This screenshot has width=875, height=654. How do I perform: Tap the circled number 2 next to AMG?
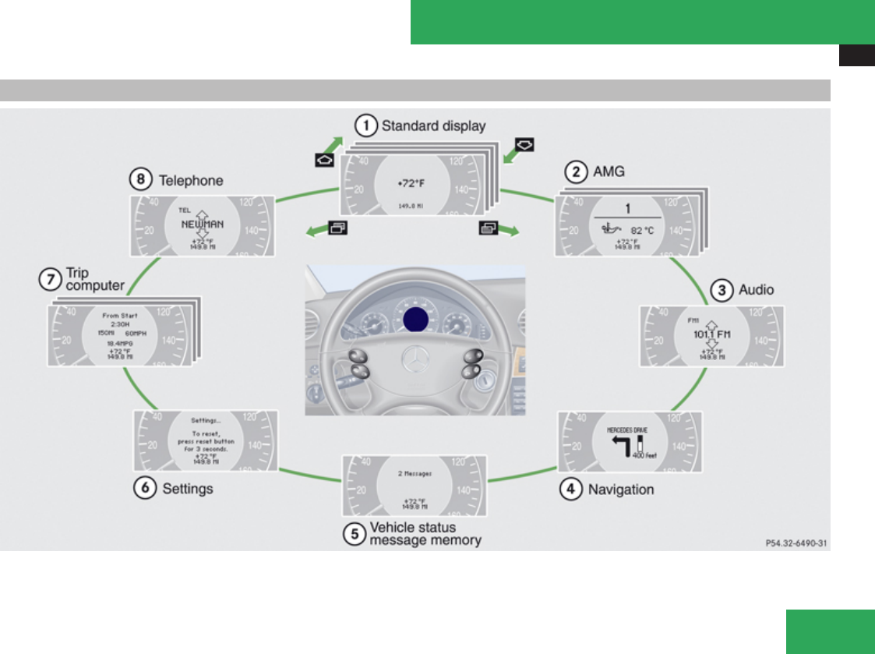(576, 171)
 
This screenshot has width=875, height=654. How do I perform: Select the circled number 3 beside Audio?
(723, 290)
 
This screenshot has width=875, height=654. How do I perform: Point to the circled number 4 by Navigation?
(572, 490)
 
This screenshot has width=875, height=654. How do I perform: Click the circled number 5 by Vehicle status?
(355, 533)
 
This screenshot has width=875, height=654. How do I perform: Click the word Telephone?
(191, 181)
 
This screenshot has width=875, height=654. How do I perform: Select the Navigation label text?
(621, 490)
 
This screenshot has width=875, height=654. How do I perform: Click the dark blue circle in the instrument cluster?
(416, 318)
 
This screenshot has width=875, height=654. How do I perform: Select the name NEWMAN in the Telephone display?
(202, 224)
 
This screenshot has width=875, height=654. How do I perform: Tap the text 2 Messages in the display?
(415, 473)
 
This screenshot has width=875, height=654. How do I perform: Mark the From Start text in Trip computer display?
(120, 315)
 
